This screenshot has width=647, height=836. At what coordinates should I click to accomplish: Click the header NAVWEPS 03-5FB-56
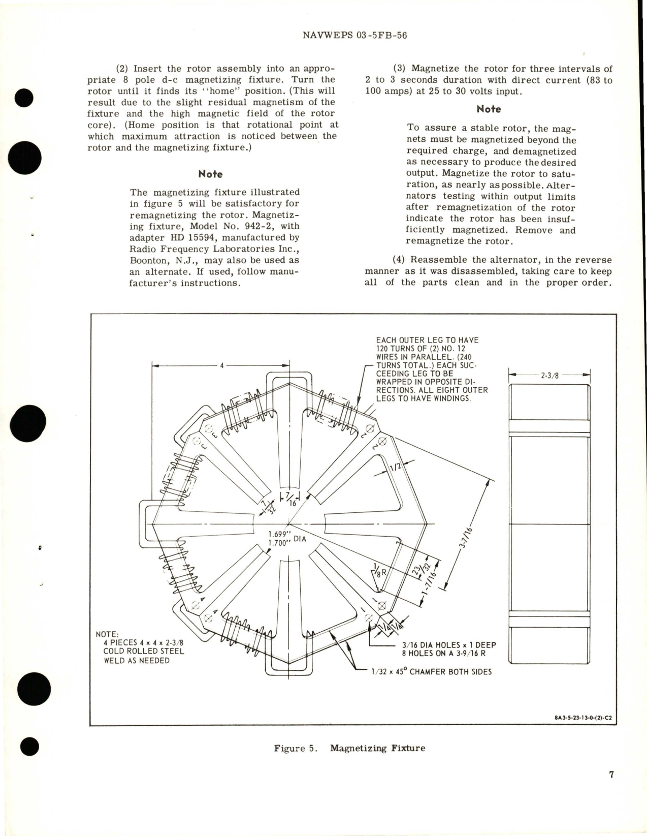354,36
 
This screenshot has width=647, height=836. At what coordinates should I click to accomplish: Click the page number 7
611,775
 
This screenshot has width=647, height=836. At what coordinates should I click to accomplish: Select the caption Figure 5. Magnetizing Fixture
349,748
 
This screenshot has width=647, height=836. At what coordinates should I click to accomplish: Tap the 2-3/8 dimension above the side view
549,377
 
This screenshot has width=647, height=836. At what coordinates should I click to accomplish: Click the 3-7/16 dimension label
463,534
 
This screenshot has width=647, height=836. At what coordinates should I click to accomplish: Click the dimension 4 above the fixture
222,365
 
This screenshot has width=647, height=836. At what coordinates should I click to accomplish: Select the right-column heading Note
489,109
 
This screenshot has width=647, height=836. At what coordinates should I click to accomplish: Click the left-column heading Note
210,174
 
